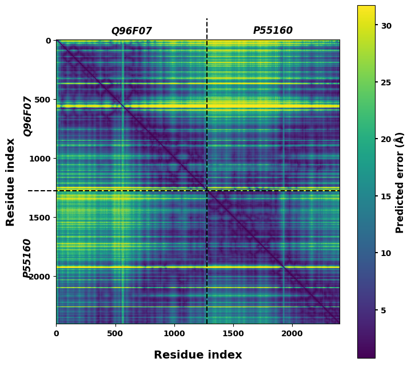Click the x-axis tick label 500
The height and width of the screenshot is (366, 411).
(115, 333)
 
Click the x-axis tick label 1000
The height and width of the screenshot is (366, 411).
(174, 333)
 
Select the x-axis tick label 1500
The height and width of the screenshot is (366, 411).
(233, 333)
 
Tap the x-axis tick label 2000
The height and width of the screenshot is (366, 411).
(292, 333)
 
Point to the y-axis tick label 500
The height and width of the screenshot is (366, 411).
(42, 100)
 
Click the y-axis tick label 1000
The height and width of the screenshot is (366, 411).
(40, 159)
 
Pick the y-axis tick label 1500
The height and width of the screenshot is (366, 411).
(40, 218)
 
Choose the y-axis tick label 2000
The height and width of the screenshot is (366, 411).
(40, 277)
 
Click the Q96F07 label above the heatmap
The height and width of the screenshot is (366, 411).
(131, 31)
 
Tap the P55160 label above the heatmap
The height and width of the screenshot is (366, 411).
(273, 30)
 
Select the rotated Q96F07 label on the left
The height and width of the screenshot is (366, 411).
(28, 116)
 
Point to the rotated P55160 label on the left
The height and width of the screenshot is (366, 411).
(27, 258)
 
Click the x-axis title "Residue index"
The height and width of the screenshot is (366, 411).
(198, 355)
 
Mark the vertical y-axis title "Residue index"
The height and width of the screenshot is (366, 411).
(10, 182)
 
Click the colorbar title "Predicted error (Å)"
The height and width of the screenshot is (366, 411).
(400, 182)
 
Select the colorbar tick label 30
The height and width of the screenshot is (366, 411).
(385, 26)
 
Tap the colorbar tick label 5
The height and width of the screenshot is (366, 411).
(383, 310)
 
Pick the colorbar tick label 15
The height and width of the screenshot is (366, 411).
(385, 196)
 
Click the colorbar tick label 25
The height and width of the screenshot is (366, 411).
(385, 82)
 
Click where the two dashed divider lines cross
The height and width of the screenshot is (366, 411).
(207, 191)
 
